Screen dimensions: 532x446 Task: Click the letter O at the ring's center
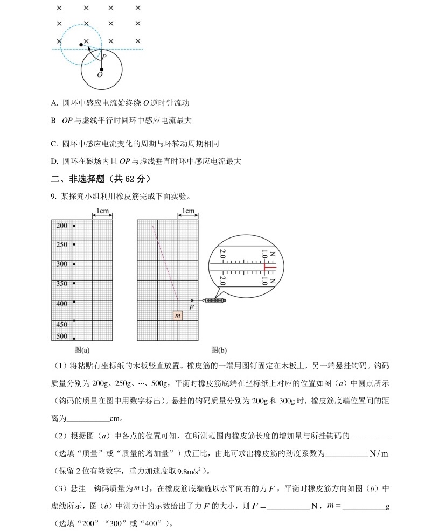100,75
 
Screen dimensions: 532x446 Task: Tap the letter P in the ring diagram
104,57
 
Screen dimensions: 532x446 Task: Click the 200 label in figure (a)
62,226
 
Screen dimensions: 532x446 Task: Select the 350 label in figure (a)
62,284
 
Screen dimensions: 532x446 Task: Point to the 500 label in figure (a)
62,337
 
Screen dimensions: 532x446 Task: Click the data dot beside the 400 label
74,302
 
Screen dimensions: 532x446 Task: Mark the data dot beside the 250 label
74,244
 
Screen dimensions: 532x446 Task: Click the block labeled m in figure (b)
178,316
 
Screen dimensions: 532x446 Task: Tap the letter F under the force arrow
191,309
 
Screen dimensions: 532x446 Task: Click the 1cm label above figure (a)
103,211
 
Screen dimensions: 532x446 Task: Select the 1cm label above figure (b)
188,211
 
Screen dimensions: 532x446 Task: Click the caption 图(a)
82,349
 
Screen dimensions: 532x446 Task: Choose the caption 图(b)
219,349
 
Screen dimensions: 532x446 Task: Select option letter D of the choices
54,161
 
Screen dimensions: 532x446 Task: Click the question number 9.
53,197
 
